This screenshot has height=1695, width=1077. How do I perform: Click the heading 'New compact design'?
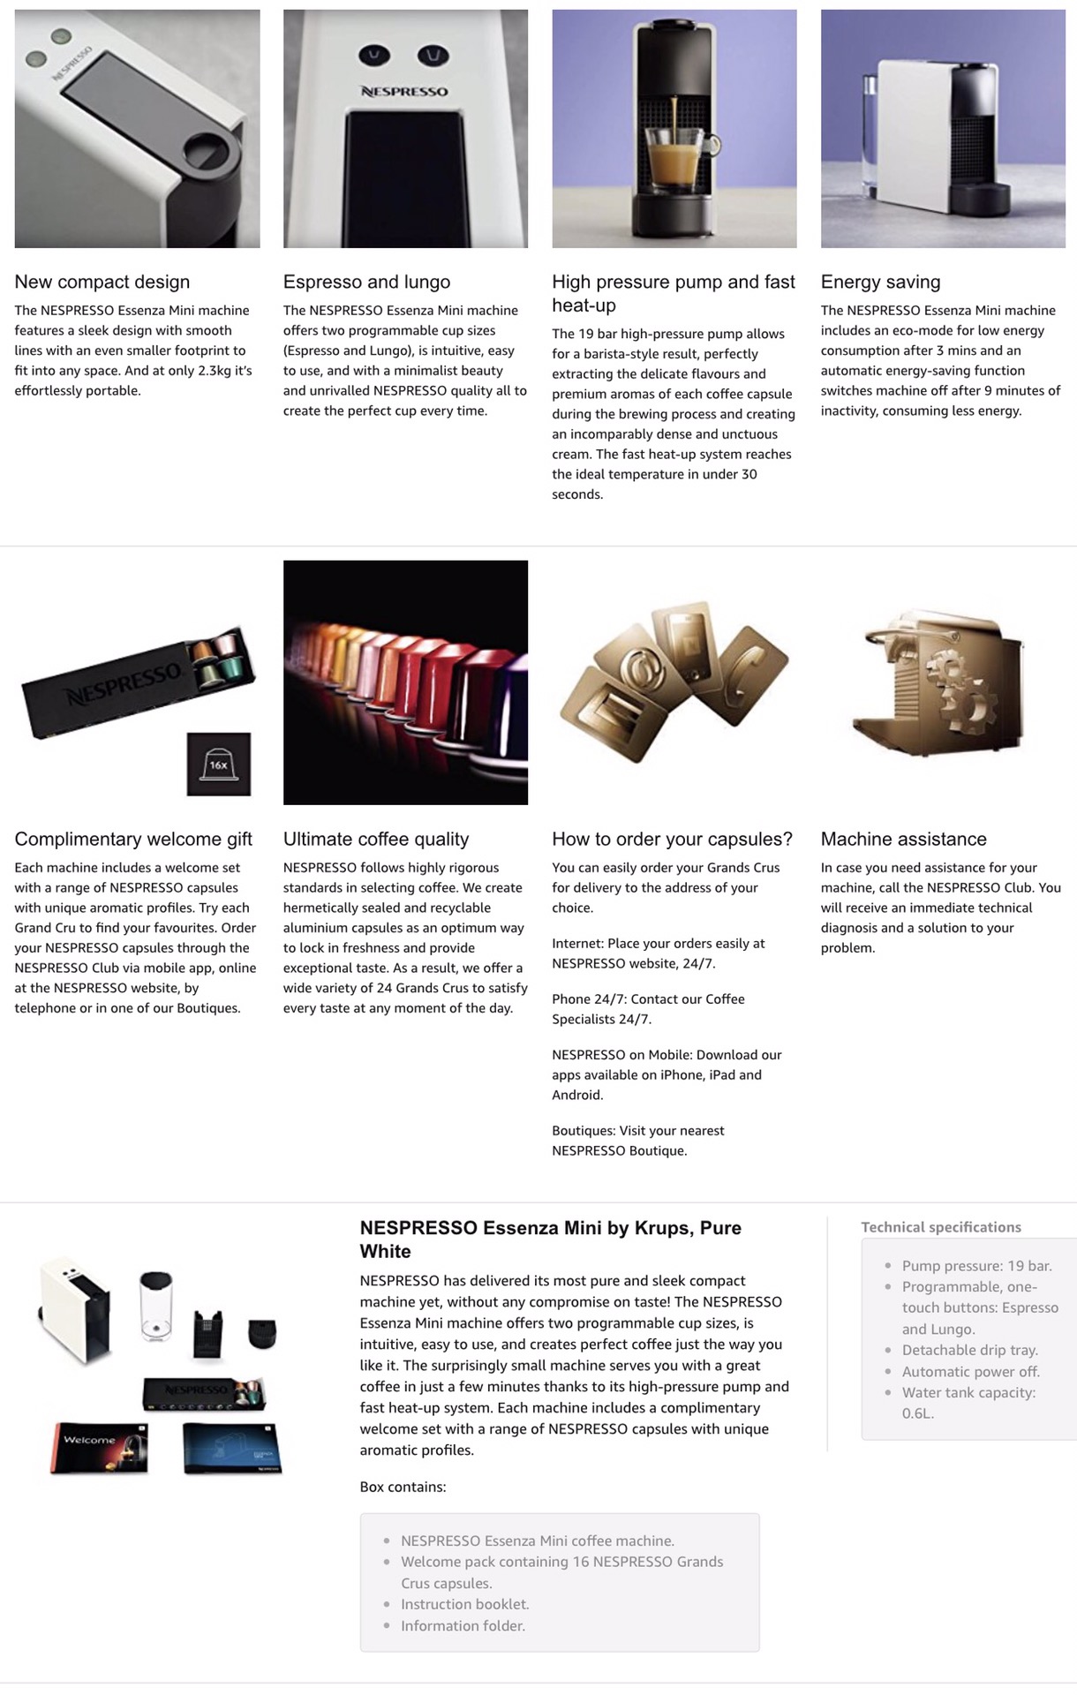point(102,282)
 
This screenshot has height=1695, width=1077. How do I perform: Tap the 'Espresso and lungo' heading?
point(366,282)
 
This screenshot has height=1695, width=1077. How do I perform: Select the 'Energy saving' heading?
point(880,282)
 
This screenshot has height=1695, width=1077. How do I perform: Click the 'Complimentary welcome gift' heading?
point(133,839)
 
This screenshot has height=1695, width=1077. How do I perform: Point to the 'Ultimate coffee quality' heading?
point(376,839)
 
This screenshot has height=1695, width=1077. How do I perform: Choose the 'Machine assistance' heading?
point(903,839)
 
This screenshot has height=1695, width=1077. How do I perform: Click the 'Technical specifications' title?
point(941,1227)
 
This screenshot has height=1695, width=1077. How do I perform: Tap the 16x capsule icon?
point(218,764)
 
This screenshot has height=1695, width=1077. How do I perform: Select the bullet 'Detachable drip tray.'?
point(969,1350)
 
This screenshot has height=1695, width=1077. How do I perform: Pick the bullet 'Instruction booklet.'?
point(464,1604)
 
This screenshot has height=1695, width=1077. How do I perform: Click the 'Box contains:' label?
point(403,1487)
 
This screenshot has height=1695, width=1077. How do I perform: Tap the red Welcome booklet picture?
point(100,1447)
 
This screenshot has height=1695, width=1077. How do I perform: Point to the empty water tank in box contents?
point(155,1307)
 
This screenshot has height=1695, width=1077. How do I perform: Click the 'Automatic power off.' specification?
point(970,1371)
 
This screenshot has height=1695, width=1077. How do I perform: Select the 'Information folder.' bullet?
point(463,1625)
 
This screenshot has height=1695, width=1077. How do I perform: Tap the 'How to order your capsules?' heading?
point(672,839)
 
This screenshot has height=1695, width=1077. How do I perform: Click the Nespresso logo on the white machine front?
point(404,91)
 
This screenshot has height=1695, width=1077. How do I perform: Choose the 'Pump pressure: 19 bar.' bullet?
point(976,1265)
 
